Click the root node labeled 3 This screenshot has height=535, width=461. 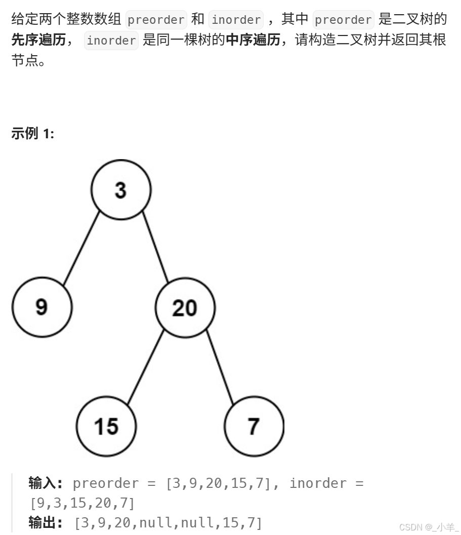(x=120, y=190)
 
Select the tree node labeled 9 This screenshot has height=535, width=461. (x=42, y=307)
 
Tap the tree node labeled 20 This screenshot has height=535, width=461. (x=185, y=308)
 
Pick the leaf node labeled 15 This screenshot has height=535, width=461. (x=106, y=426)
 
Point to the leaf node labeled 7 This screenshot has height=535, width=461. (x=254, y=426)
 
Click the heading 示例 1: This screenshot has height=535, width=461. (x=32, y=134)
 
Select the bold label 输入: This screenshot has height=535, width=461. (x=46, y=483)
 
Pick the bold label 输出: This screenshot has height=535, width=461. (x=46, y=523)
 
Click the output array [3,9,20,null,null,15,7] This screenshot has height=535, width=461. (x=168, y=523)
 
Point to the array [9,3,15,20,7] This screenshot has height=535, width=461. (x=82, y=503)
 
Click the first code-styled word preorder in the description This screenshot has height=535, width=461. (x=156, y=20)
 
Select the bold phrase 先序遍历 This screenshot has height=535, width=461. (x=38, y=41)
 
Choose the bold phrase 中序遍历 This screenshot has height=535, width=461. (x=253, y=41)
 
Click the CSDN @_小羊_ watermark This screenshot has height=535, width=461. (x=429, y=527)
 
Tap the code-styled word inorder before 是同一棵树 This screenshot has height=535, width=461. (x=111, y=41)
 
